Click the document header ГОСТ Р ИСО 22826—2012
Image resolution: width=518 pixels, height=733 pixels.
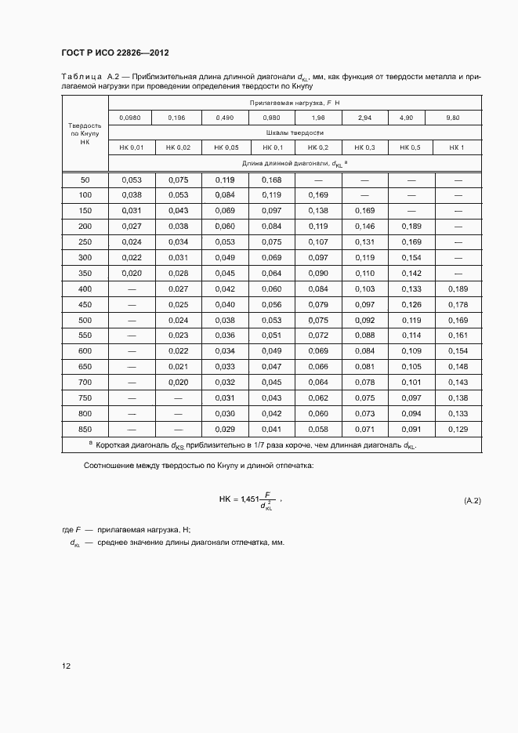point(114,52)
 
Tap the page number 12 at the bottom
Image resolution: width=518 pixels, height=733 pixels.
point(66,666)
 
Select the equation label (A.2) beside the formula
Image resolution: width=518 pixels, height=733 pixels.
point(472,499)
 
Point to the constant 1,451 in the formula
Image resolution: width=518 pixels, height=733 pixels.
point(250,499)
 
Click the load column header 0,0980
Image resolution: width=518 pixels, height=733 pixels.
point(130,118)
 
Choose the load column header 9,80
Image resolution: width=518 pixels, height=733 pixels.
point(453,118)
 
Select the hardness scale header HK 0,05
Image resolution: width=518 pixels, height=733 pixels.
point(226,147)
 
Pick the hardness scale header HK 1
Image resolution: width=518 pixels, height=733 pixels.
point(457,147)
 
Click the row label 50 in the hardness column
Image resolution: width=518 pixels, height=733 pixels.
point(85,180)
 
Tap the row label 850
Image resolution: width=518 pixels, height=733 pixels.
point(85,429)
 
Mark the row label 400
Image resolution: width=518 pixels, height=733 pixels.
point(85,289)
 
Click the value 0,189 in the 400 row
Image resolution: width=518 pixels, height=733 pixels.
point(458,289)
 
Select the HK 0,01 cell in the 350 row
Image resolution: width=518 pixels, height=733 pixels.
point(132,274)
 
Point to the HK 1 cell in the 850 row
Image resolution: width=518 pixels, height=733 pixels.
point(458,429)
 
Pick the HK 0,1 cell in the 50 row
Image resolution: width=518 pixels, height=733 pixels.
point(272,180)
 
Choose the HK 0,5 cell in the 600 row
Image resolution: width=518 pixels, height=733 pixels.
point(411,351)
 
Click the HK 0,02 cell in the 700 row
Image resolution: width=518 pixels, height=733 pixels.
point(179,383)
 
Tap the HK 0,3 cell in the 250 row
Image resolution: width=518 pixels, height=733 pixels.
point(365,242)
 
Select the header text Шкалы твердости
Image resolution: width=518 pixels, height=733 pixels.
point(295,132)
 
